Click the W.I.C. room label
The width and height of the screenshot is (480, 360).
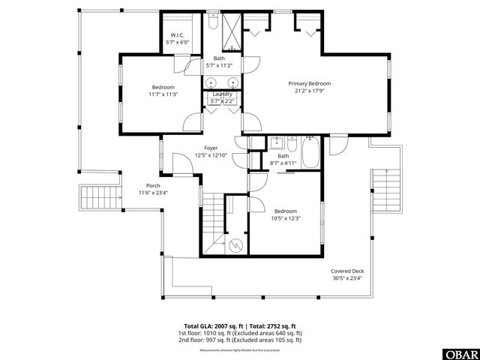(178, 35)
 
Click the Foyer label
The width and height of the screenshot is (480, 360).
(211, 148)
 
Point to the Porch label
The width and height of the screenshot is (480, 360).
(153, 185)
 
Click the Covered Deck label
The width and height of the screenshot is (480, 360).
(346, 271)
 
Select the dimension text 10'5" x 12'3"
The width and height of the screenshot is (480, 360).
(286, 218)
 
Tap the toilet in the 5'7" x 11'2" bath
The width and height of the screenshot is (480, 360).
(212, 22)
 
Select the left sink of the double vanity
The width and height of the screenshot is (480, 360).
(211, 82)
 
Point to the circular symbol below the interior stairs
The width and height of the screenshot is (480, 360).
(236, 243)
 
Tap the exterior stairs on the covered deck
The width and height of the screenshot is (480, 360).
(384, 189)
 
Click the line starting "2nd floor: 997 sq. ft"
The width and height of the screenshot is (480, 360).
(239, 340)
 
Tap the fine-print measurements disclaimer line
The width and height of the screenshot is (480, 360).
(239, 349)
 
